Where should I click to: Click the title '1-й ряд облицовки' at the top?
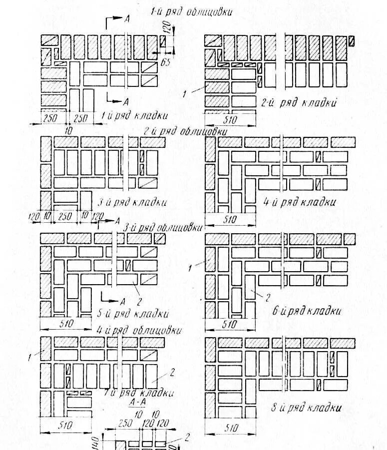(x=191, y=12)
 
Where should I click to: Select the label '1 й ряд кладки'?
(x=133, y=116)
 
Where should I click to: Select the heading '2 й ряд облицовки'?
(x=185, y=131)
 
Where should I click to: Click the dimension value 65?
(x=167, y=63)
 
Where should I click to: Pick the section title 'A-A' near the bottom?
(x=133, y=402)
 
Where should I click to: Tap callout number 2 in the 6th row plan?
(x=267, y=298)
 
